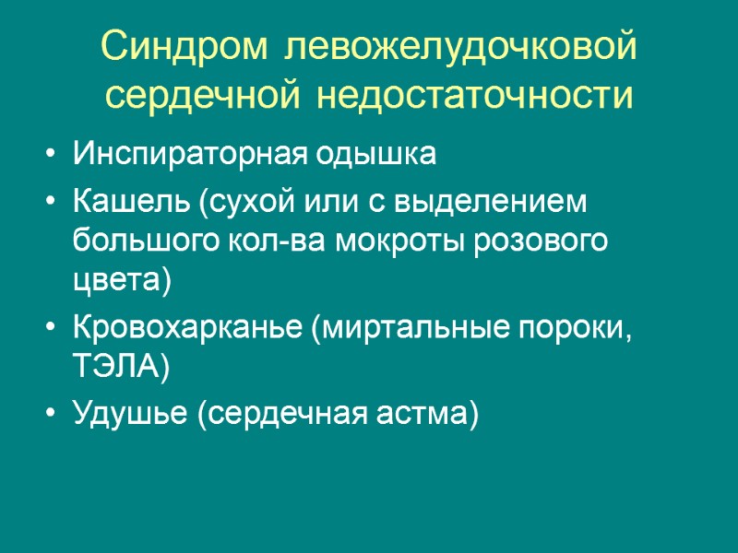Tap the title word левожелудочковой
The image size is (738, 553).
[x=461, y=46]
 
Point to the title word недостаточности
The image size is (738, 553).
[x=475, y=94]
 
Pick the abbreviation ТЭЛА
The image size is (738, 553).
[x=117, y=369]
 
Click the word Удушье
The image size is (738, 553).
[x=127, y=415]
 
